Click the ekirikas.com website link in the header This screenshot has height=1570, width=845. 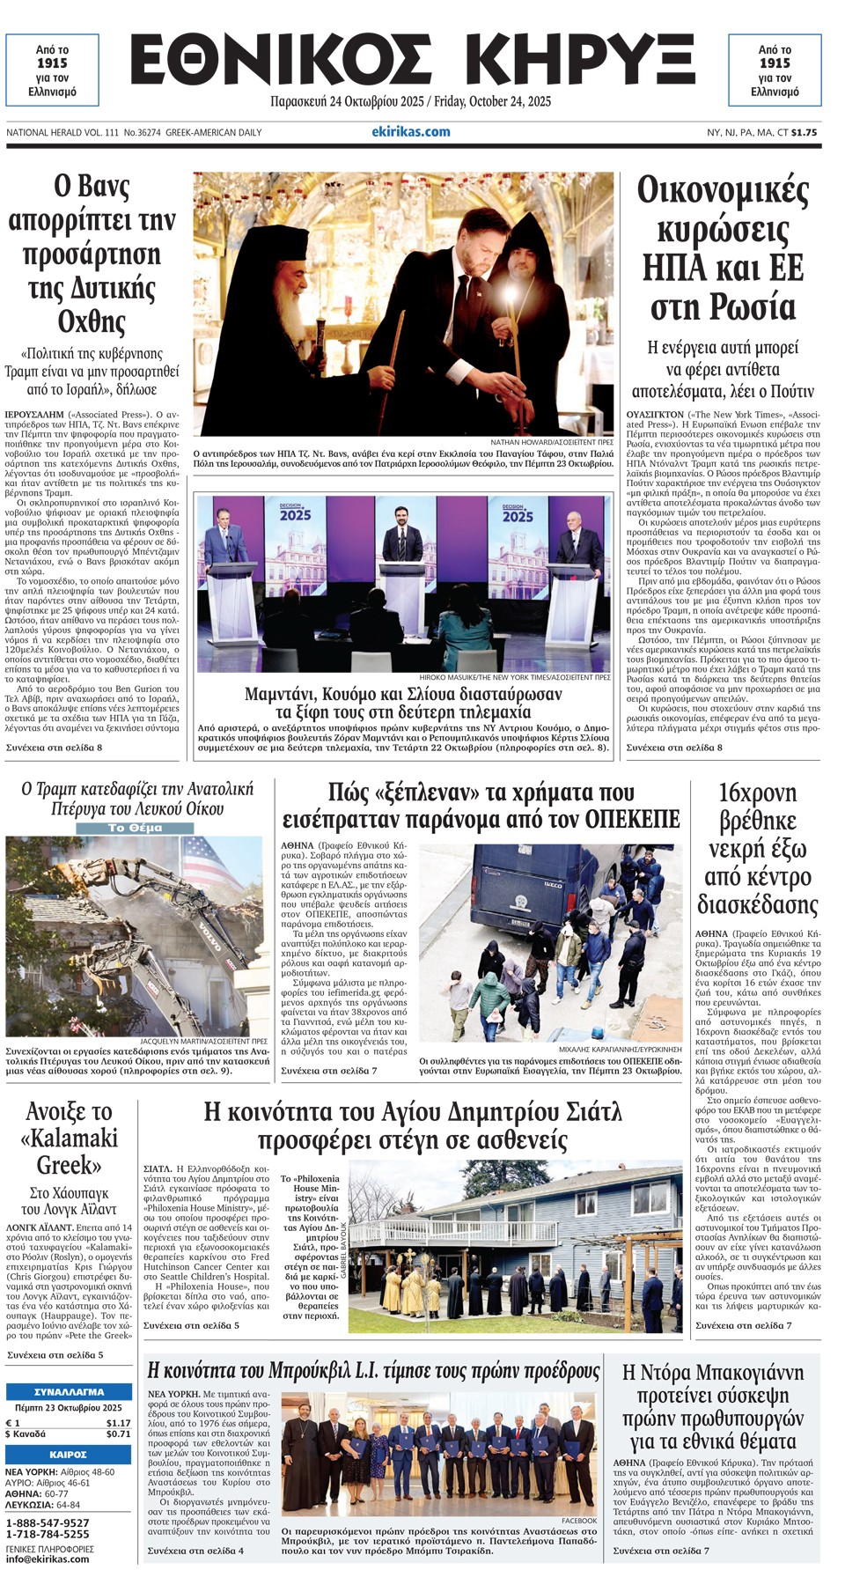tap(410, 132)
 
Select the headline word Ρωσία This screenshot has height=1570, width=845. tap(724, 307)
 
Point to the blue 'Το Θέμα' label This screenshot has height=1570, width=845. tap(134, 828)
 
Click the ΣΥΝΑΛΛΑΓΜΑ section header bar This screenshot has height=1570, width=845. tap(69, 1392)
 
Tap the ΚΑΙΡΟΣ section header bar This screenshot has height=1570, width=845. tap(69, 1454)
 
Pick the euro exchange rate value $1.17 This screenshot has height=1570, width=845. tap(118, 1423)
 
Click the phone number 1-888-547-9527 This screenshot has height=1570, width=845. tap(48, 1522)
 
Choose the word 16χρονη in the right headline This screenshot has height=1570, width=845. tap(757, 793)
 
